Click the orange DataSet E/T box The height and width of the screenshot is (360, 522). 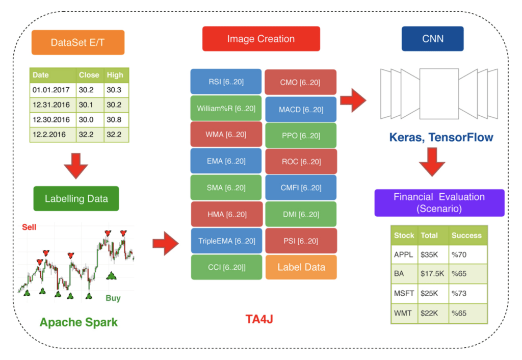pyautogui.click(x=78, y=43)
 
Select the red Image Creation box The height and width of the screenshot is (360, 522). pyautogui.click(x=261, y=39)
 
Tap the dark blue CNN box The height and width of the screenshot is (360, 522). pyautogui.click(x=432, y=39)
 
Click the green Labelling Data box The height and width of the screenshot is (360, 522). pyautogui.click(x=76, y=198)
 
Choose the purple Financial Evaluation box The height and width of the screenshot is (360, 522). pyautogui.click(x=439, y=202)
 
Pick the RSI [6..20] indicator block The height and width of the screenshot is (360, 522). pyautogui.click(x=226, y=82)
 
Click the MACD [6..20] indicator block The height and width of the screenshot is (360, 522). pyautogui.click(x=301, y=109)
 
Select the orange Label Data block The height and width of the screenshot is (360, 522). pyautogui.click(x=301, y=267)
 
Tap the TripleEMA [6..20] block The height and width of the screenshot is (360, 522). pyautogui.click(x=226, y=241)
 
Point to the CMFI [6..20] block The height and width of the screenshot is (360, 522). pyautogui.click(x=301, y=188)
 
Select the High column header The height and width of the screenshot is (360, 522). pyautogui.click(x=115, y=75)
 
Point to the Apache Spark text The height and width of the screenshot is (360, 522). pyautogui.click(x=79, y=322)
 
